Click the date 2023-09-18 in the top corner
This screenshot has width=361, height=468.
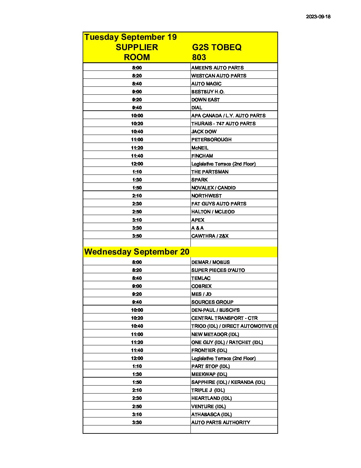(318, 17)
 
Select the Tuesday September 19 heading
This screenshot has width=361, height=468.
(130, 37)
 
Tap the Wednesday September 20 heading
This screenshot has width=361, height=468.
(137, 252)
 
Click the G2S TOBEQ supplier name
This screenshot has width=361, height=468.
(217, 47)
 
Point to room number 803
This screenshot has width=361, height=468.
(199, 57)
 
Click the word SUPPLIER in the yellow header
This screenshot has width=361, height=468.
(137, 47)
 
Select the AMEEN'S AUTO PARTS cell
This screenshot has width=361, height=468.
(217, 68)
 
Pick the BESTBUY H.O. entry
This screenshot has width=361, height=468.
(208, 92)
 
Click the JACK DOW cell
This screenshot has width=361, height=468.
(204, 132)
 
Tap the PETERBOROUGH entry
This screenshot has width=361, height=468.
(211, 140)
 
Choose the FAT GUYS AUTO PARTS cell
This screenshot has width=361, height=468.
(219, 204)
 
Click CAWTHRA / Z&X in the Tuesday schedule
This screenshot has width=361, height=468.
(210, 236)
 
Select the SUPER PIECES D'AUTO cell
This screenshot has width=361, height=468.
(218, 270)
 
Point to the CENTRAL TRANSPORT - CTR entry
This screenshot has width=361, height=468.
(224, 318)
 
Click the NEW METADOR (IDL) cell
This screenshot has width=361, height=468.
(215, 334)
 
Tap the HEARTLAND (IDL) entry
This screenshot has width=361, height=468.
(211, 398)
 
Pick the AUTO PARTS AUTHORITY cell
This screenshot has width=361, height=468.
(221, 422)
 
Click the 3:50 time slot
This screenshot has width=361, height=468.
(137, 236)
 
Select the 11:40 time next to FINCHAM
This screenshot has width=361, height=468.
(137, 156)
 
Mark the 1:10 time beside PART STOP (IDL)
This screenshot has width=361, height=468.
(137, 366)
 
